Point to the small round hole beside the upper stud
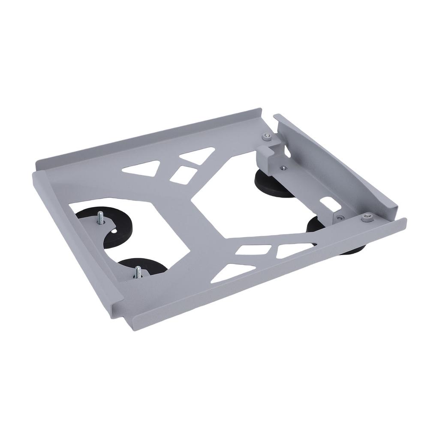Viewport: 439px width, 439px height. [x=114, y=232]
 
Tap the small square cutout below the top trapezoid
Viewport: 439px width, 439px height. [x=183, y=175]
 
